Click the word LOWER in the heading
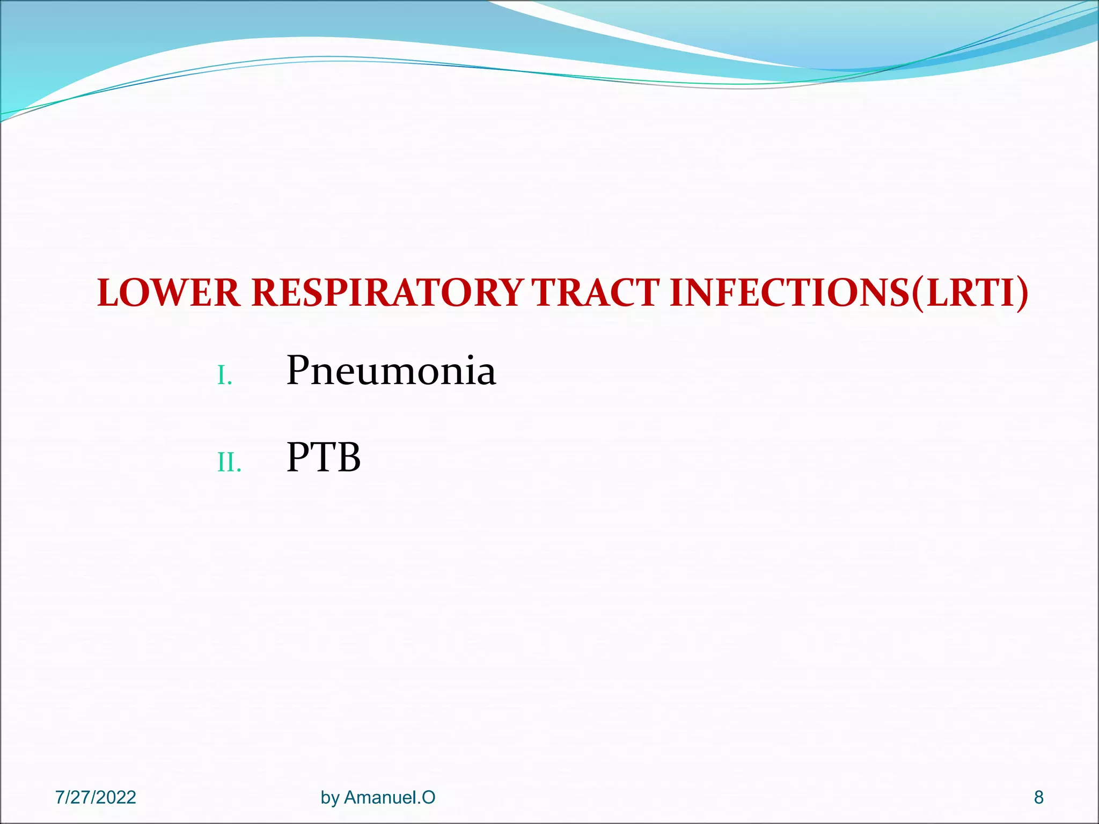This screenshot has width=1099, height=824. [x=168, y=293]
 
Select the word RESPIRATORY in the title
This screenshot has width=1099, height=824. [x=387, y=293]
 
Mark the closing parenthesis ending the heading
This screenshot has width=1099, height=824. [x=1022, y=294]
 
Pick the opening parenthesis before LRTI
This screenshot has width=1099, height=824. [x=919, y=294]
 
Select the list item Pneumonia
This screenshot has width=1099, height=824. [x=391, y=371]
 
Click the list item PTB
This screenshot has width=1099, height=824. [x=324, y=458]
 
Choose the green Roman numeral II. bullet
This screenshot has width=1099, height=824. [x=229, y=462]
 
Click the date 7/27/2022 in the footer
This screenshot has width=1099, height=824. [x=96, y=797]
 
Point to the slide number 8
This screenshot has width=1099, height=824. [x=1039, y=797]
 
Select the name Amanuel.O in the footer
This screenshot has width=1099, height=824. [x=390, y=797]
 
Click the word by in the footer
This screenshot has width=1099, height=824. [x=330, y=798]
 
